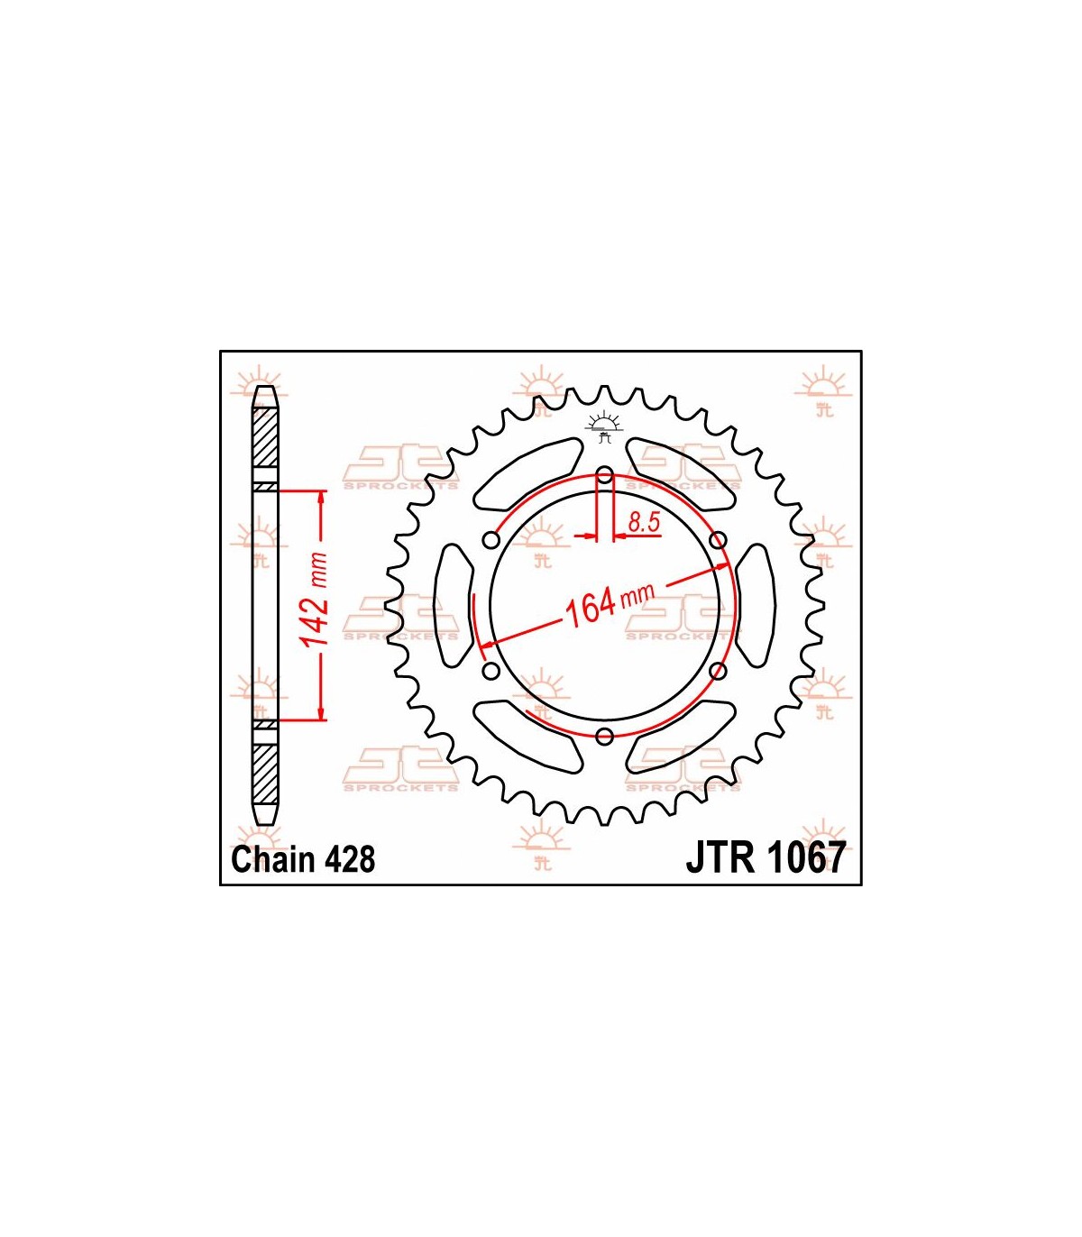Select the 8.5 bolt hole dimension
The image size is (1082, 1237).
pyautogui.click(x=644, y=522)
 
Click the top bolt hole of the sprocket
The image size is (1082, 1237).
pyautogui.click(x=604, y=474)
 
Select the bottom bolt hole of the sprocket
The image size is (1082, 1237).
pyautogui.click(x=604, y=737)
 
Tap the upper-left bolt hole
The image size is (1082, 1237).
pyautogui.click(x=491, y=540)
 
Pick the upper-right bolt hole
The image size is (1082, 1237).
pyautogui.click(x=718, y=540)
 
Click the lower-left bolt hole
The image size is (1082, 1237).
pyautogui.click(x=491, y=671)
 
